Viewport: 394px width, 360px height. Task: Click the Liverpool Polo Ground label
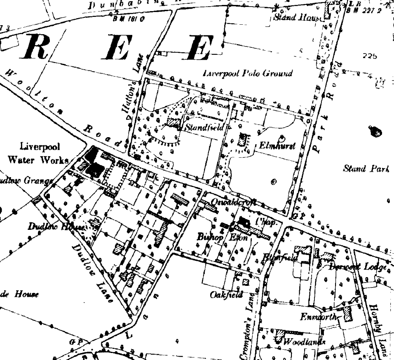248,74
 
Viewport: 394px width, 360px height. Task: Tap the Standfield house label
204,127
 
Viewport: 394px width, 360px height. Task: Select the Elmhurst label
277,146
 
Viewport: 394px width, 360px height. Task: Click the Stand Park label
366,169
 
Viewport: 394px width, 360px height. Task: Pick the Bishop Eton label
216,237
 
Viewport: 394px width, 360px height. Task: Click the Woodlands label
305,342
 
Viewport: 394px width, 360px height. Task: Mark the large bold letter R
40,47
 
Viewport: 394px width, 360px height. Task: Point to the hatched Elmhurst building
243,140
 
